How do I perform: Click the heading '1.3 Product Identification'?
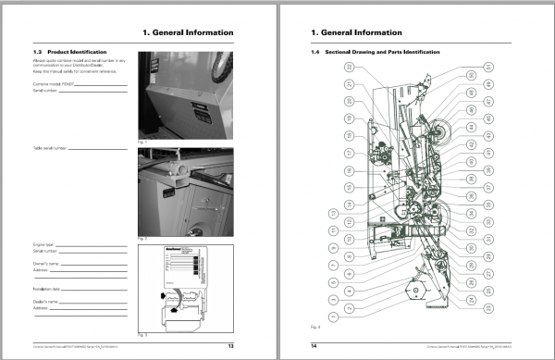point(76,51)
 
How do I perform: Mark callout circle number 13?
point(333,213)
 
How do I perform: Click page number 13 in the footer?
point(255,344)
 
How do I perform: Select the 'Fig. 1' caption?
point(142,140)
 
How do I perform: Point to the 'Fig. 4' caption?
point(315,326)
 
